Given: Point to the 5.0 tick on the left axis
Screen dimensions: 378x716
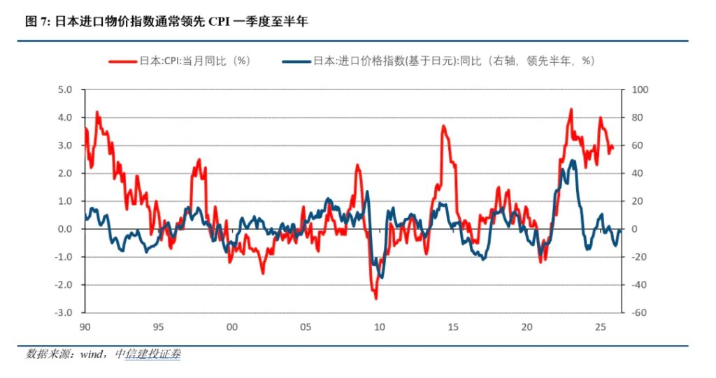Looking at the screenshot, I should (65, 89).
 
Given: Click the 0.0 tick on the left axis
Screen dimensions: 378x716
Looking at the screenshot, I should (65, 228).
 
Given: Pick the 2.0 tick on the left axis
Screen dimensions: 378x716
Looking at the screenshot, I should (65, 173).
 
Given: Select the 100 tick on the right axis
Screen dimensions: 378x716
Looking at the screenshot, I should (640, 89).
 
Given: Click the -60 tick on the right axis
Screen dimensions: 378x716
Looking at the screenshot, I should (639, 312).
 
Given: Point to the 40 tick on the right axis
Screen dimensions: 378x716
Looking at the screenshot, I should (638, 173).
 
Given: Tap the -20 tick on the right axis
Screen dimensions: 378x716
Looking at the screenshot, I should (639, 256).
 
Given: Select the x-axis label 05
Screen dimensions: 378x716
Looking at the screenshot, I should (305, 327).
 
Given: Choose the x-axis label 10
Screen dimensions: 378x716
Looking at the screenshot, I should (378, 327).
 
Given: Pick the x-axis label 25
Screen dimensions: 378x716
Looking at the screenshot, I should (599, 327).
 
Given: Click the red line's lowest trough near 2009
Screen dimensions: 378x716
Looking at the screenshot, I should (375, 298).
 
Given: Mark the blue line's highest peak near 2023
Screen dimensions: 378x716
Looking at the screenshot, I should (573, 161).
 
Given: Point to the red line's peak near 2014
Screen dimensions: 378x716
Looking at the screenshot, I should (443, 126).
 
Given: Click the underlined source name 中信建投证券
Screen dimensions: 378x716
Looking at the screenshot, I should (152, 354).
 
